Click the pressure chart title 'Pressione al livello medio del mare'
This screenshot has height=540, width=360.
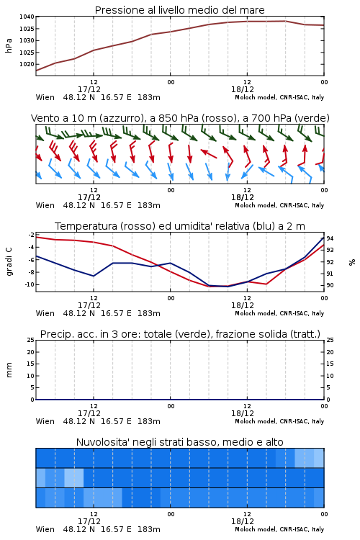(x=179, y=10)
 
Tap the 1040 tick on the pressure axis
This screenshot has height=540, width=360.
(x=27, y=17)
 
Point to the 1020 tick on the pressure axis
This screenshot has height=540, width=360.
(x=27, y=64)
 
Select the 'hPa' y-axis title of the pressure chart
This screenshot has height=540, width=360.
(x=9, y=45)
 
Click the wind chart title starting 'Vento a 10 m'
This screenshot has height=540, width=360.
(x=180, y=119)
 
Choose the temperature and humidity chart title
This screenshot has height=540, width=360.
(x=180, y=226)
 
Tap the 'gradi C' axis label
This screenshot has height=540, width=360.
(x=9, y=262)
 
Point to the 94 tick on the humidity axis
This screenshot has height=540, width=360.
(x=330, y=238)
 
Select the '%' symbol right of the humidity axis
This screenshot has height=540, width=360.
(x=352, y=262)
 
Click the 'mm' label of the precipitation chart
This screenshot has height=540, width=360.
(x=9, y=370)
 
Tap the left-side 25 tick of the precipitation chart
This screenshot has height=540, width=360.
(x=31, y=341)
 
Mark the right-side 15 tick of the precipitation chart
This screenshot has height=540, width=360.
(x=330, y=364)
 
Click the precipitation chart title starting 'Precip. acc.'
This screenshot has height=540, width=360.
(x=180, y=334)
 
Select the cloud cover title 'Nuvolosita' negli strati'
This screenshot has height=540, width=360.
(x=179, y=442)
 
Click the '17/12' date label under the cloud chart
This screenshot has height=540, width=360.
(x=89, y=521)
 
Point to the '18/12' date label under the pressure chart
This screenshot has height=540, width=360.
(x=243, y=89)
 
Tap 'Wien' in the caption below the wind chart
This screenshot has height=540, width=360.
(x=45, y=206)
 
